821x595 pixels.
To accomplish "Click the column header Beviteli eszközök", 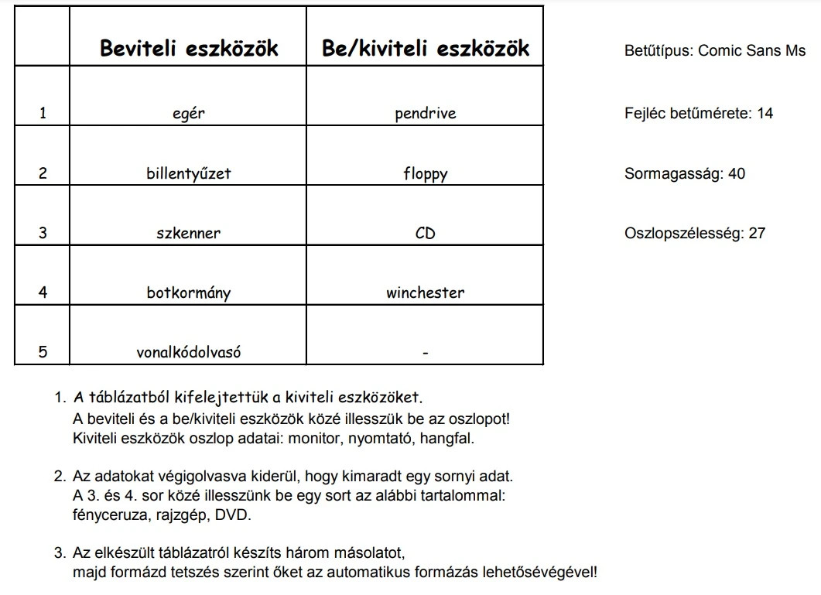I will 188,49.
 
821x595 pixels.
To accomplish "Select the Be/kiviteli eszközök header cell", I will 425,49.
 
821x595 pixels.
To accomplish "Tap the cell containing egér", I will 188,114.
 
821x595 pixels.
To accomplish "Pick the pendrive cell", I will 425,114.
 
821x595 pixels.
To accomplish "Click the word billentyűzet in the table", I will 188,173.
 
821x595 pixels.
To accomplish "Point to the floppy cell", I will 425,174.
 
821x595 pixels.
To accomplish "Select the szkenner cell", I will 188,233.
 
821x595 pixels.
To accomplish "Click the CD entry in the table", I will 425,233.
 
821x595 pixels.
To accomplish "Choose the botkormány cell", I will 188,293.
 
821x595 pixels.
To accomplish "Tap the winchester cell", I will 425,293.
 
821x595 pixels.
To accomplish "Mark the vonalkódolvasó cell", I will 188,353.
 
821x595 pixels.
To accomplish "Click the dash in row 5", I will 425,354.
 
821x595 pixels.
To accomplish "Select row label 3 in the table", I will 43,233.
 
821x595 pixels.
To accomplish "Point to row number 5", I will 43,353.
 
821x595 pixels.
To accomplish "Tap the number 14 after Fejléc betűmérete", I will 765,113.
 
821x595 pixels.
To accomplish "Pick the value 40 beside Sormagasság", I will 737,173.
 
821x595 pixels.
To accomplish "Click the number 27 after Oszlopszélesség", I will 757,233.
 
